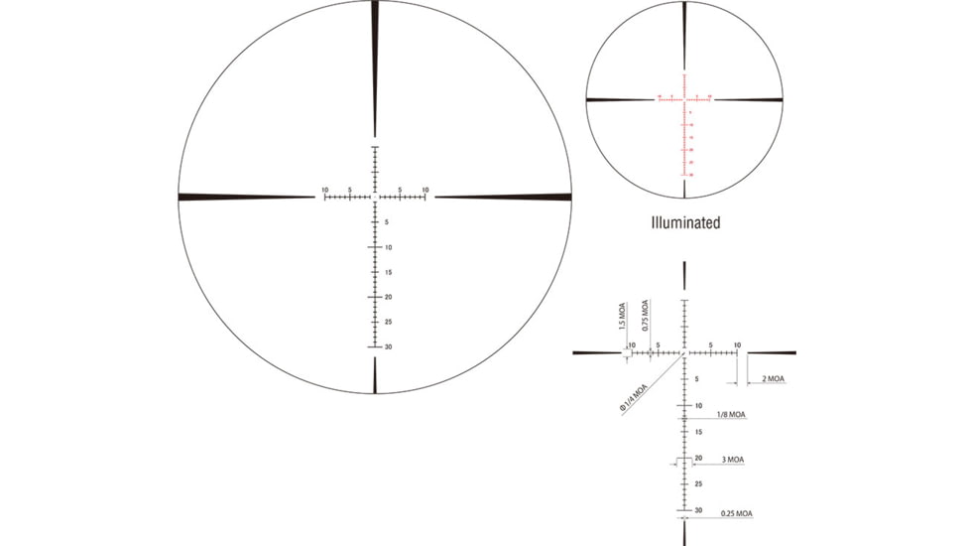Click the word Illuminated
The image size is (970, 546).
(x=685, y=223)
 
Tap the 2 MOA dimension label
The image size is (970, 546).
(x=773, y=379)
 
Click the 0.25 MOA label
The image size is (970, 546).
(x=737, y=513)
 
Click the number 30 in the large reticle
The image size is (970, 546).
(x=388, y=347)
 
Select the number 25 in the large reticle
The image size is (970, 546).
(x=388, y=322)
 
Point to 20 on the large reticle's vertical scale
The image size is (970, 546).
(x=388, y=297)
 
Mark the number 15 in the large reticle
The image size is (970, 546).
(x=388, y=272)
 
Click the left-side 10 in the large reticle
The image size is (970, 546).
(x=324, y=189)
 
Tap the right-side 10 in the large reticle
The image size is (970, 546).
(x=425, y=189)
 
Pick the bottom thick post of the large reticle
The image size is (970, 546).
(x=375, y=375)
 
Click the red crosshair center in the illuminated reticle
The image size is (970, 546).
(x=684, y=99)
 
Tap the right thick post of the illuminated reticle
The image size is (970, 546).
(x=749, y=99)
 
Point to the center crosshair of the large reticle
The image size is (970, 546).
(x=375, y=197)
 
